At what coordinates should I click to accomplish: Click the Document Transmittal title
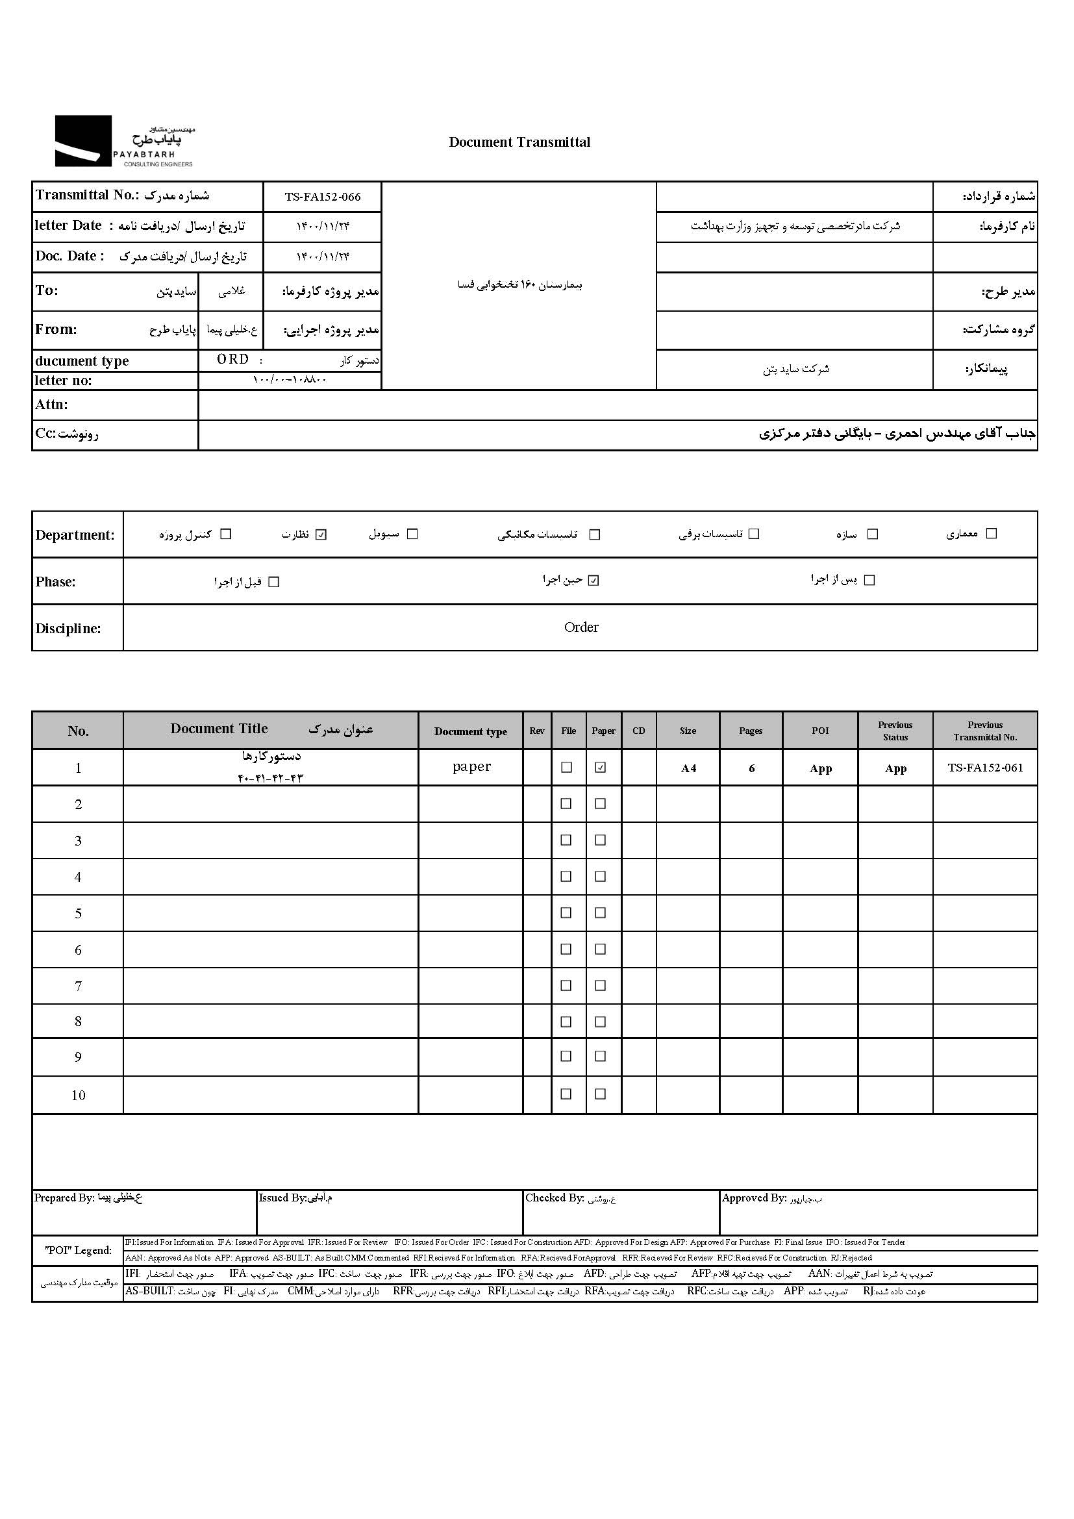point(519,142)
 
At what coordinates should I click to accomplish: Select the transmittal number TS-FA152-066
point(323,197)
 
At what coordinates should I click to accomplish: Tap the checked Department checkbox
point(321,534)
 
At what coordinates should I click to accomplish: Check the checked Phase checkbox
point(594,581)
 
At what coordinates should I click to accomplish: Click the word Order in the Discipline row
point(581,627)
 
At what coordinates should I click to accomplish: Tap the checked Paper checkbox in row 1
point(601,768)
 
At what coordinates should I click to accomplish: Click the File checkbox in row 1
point(566,768)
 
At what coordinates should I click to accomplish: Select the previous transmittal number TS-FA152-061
point(985,768)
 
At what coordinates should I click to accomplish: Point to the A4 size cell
point(688,768)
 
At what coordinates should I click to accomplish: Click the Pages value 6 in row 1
point(751,768)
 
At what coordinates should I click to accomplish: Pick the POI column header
point(820,731)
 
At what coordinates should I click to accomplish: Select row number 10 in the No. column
point(78,1095)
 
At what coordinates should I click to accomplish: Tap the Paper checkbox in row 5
point(601,913)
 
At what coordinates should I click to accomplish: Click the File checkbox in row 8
point(566,1022)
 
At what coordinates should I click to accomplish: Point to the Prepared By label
point(64,1198)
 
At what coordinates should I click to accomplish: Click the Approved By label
point(753,1198)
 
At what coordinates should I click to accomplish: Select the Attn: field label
point(51,404)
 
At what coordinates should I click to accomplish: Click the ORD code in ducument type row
point(233,359)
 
